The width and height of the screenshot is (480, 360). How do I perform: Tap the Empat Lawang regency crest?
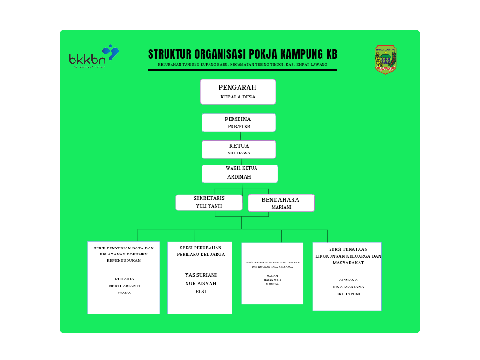pyautogui.click(x=385, y=60)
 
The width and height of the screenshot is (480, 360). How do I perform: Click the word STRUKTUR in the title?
pyautogui.click(x=169, y=54)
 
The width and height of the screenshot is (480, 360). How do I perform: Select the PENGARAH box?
pyautogui.click(x=238, y=91)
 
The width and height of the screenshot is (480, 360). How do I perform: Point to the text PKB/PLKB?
pyautogui.click(x=239, y=127)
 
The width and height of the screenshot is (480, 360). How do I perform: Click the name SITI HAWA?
pyautogui.click(x=239, y=153)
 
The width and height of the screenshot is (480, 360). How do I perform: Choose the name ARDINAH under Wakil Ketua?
pyautogui.click(x=239, y=177)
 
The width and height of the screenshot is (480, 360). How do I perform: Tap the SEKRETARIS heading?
pyautogui.click(x=209, y=198)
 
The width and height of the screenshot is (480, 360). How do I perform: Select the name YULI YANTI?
pyautogui.click(x=209, y=206)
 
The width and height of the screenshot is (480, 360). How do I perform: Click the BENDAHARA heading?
pyautogui.click(x=280, y=200)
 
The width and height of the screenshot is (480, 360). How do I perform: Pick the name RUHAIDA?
pyautogui.click(x=124, y=279)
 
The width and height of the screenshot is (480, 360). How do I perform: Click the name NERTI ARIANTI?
pyautogui.click(x=124, y=286)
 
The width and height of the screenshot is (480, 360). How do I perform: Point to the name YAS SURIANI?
pyautogui.click(x=201, y=275)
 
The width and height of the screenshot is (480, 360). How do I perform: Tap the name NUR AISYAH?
pyautogui.click(x=201, y=283)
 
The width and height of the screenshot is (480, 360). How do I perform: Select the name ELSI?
pyautogui.click(x=201, y=291)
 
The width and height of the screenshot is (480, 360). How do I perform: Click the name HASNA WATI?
pyautogui.click(x=272, y=280)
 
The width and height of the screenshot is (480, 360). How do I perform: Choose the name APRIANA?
pyautogui.click(x=348, y=280)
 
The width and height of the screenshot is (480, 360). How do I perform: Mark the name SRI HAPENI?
pyautogui.click(x=348, y=294)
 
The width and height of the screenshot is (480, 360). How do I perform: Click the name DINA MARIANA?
pyautogui.click(x=348, y=287)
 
